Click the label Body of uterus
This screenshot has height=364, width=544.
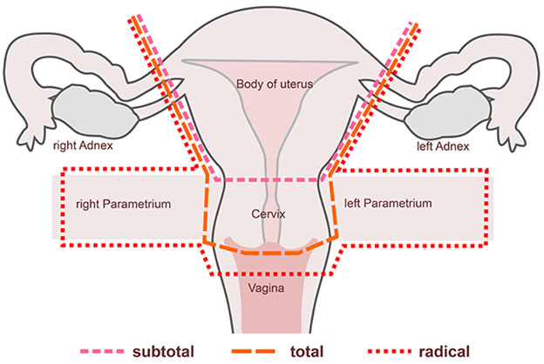pos(274,84)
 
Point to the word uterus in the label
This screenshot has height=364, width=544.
pos(295,84)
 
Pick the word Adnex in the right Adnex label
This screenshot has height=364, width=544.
pos(100,146)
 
